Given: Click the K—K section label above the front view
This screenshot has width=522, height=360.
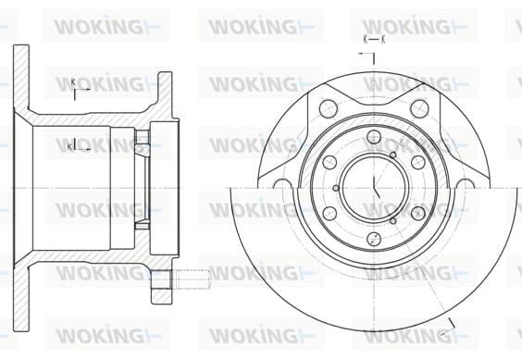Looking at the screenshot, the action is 374,40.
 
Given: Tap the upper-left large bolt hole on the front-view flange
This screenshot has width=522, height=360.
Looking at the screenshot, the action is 329,108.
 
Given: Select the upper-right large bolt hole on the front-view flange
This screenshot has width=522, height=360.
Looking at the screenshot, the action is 419,108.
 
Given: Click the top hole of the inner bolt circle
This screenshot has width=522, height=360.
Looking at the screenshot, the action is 374,137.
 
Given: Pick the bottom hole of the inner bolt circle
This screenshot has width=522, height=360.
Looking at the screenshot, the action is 374,239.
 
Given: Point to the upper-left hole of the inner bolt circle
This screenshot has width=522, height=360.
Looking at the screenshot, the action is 329,163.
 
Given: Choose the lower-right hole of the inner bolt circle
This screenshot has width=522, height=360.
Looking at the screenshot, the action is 418,214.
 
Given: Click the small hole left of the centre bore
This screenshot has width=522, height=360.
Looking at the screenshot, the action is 336,188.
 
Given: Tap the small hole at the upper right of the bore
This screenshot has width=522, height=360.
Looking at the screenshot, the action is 393,155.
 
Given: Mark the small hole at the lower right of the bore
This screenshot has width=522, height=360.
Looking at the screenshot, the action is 393,221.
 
